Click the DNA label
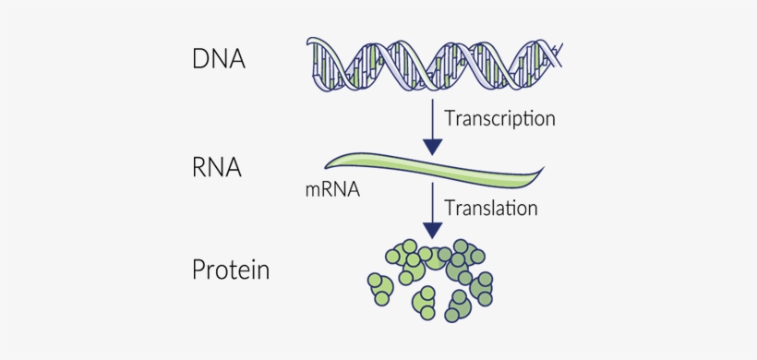(x=219, y=60)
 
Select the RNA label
(x=217, y=168)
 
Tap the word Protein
(x=231, y=270)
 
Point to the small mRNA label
(x=331, y=192)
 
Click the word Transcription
(x=499, y=118)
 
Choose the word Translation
(x=491, y=208)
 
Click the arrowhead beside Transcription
(x=432, y=145)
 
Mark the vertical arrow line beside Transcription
(x=432, y=115)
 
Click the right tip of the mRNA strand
(x=543, y=169)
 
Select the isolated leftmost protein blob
(x=379, y=287)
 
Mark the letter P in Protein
(x=198, y=270)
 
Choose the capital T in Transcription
(x=450, y=118)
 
